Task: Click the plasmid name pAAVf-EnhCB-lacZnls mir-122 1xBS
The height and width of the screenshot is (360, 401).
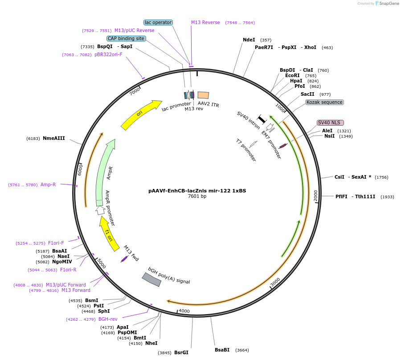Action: pos(197,191)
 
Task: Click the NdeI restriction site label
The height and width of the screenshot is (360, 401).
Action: pos(249,40)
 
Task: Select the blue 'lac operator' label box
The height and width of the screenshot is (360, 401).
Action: pos(158,23)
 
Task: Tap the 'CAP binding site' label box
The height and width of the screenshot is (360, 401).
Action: pos(126,39)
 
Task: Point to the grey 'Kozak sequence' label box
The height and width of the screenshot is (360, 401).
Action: pos(324,102)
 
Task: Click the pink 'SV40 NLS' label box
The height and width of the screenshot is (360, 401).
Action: pos(329,123)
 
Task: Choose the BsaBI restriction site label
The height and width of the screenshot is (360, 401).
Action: pos(222,350)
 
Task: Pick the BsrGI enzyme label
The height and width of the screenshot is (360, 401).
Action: pos(181,353)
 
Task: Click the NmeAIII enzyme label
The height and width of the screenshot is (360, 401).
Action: pos(54,139)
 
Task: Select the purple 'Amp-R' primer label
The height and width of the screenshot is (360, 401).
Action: pos(48,184)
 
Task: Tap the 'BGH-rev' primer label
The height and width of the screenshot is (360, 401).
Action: pos(108,319)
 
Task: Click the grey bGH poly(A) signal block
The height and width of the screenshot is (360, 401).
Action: pos(151,279)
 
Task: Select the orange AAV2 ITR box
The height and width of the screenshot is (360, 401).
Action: pos(203,95)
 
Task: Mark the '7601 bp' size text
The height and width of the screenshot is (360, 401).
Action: pos(197,196)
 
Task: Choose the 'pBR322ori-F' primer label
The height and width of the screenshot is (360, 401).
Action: pos(108,55)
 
